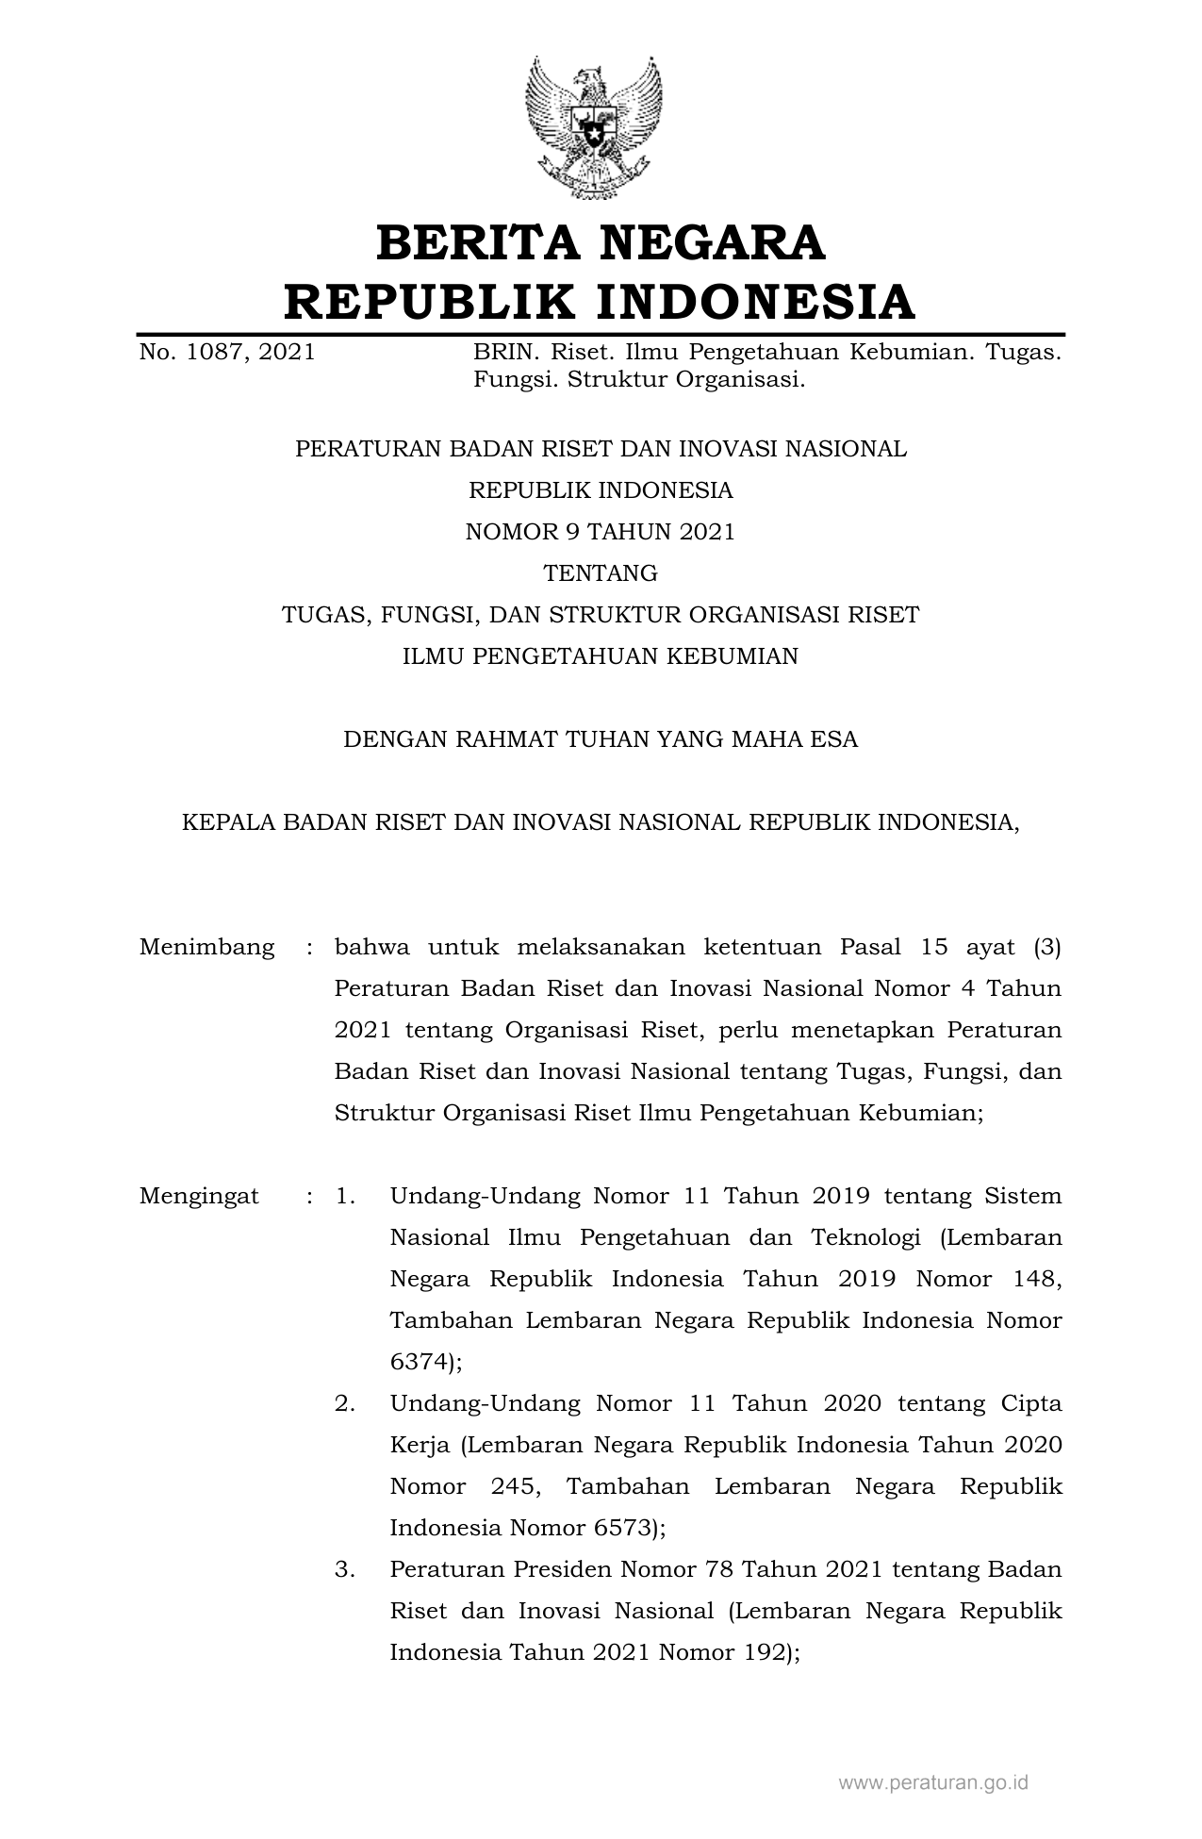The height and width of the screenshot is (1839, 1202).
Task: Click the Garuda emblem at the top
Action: (593, 126)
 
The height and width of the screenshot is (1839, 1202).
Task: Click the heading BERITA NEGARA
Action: (601, 242)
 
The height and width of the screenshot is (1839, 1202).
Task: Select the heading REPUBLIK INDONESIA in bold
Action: (601, 302)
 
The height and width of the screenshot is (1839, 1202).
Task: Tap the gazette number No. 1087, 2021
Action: (227, 354)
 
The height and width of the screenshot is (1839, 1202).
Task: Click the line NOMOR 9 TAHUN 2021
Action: (601, 532)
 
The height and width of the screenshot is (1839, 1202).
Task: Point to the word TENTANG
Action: (601, 573)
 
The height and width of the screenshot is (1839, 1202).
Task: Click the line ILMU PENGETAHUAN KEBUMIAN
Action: (601, 656)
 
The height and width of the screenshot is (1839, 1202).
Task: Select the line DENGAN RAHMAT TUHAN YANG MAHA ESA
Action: (601, 739)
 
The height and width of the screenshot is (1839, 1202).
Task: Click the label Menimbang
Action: (207, 947)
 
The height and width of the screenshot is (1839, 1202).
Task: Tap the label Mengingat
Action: (199, 1197)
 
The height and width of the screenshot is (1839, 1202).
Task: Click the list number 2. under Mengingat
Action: (345, 1404)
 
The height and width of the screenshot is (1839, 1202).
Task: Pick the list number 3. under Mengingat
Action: (345, 1570)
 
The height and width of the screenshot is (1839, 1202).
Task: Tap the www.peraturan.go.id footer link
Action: (932, 1782)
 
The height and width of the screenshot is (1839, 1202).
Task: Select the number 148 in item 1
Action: (1037, 1280)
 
